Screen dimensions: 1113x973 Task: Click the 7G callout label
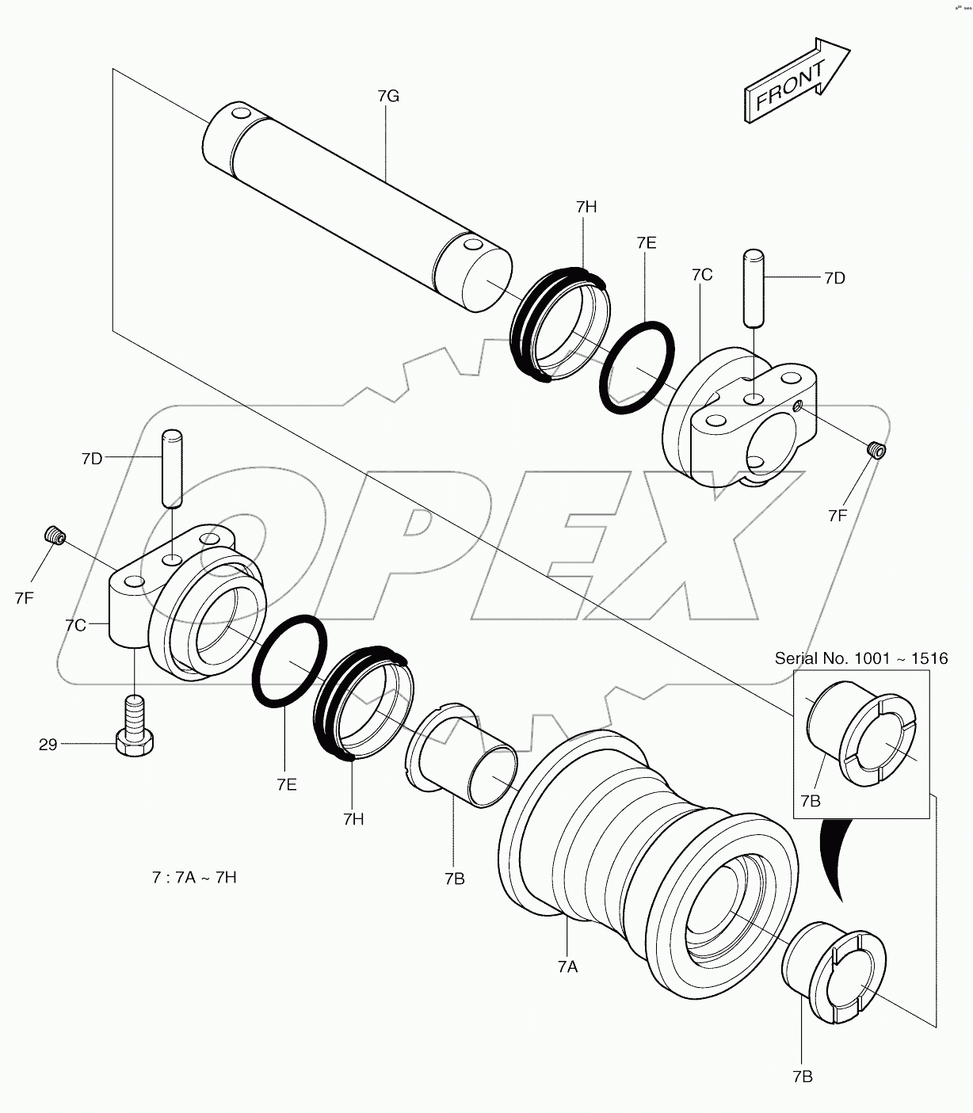[x=387, y=97]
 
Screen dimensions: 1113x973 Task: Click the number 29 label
[x=48, y=745]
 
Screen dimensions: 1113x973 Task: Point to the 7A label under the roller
[x=567, y=966]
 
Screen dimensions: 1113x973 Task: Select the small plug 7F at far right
[x=876, y=450]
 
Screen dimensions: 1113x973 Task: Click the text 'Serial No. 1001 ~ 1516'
[x=860, y=658]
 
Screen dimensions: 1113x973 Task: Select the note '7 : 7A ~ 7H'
[x=194, y=878]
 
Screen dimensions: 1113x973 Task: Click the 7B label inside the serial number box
[x=810, y=801]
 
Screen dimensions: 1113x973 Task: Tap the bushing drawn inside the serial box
[x=860, y=734]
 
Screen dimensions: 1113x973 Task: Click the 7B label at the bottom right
[x=802, y=1076]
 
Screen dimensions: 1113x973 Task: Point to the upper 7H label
[x=586, y=207]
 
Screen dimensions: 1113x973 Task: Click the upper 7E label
[x=646, y=243]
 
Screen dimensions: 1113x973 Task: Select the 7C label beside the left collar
[x=76, y=625]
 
